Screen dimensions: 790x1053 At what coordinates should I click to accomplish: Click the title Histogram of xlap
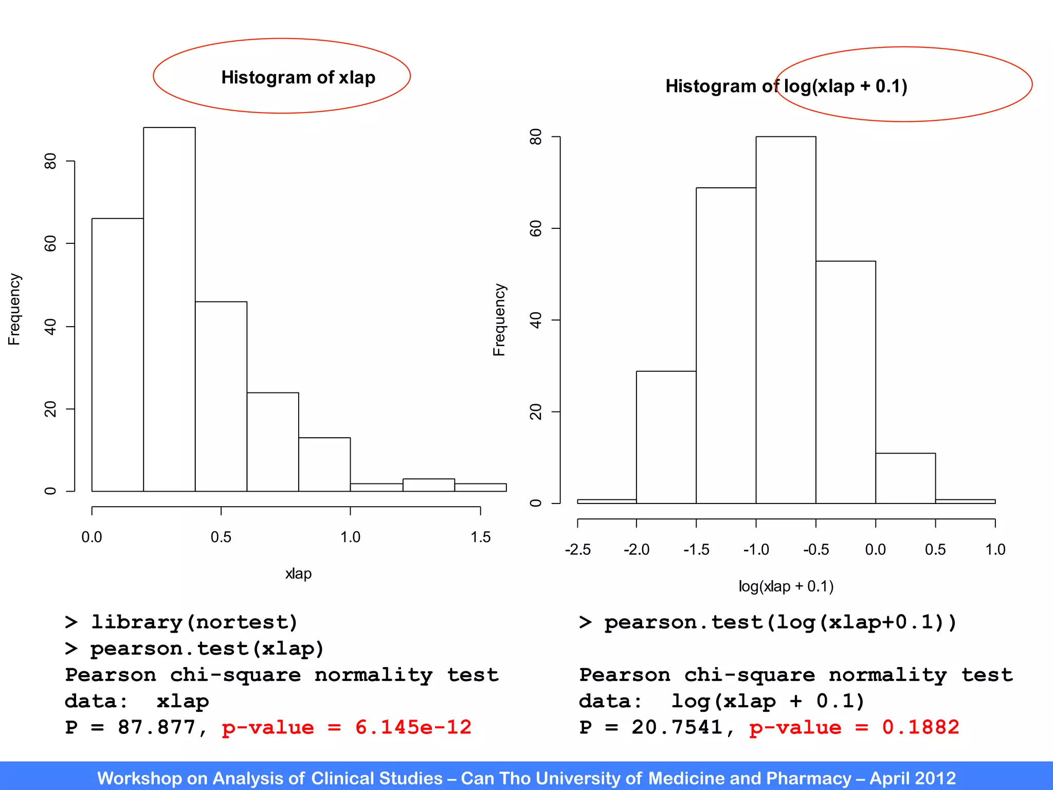click(298, 77)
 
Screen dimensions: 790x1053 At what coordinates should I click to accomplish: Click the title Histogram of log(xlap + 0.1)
click(786, 86)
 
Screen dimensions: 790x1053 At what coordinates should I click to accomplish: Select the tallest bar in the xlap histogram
click(169, 309)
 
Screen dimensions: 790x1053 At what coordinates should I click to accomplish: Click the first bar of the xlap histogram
click(117, 355)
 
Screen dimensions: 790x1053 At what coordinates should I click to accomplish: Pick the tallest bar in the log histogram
click(786, 319)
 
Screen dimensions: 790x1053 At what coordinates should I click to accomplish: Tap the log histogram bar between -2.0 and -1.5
click(666, 437)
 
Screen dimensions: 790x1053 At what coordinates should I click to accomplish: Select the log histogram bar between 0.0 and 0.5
click(905, 478)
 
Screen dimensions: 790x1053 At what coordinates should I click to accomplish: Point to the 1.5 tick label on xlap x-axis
click(480, 537)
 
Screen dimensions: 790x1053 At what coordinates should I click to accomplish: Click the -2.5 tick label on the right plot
click(577, 550)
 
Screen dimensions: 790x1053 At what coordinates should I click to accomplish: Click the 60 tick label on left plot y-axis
click(50, 243)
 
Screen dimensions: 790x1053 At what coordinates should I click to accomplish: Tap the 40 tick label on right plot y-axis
click(536, 320)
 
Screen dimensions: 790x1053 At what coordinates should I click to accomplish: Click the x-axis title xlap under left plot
click(298, 573)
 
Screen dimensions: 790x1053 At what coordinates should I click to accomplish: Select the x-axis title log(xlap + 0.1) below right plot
click(786, 586)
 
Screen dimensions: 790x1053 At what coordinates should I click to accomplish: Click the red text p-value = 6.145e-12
click(347, 727)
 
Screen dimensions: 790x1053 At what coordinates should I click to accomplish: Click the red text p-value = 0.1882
click(854, 727)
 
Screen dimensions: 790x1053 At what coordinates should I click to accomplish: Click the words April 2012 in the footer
click(912, 778)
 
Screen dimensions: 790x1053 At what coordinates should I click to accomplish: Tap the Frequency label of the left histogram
click(14, 309)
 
